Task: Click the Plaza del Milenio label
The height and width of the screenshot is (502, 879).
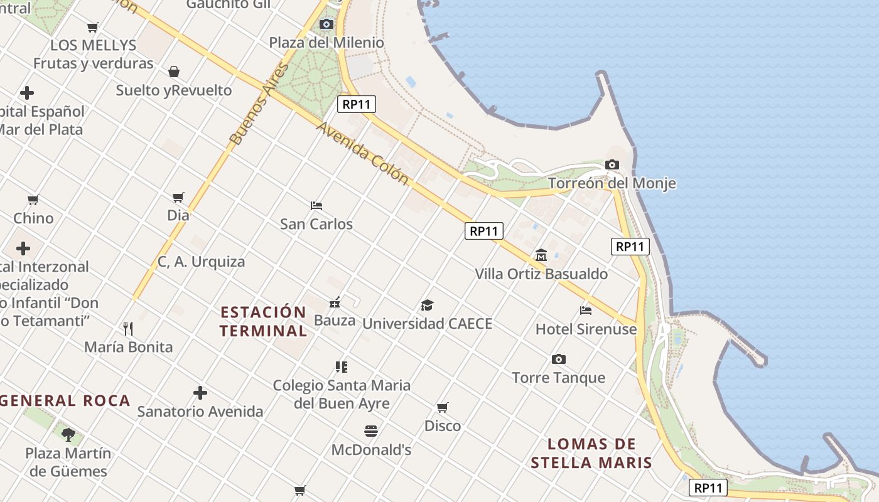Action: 326,43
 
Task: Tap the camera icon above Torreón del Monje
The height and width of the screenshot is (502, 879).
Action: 612,165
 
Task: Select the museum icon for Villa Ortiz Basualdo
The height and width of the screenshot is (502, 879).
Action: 541,255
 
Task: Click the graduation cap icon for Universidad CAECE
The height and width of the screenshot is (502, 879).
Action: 427,306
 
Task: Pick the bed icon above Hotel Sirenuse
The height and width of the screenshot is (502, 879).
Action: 586,310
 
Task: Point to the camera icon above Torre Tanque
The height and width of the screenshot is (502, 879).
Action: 558,359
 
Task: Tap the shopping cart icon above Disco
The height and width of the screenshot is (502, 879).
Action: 443,407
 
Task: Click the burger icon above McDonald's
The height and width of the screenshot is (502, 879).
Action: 371,431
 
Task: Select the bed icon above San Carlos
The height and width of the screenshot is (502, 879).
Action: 316,206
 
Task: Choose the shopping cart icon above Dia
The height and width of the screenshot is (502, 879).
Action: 178,197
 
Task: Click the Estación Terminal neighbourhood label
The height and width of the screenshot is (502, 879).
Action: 264,321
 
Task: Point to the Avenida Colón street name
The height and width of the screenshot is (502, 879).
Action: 362,153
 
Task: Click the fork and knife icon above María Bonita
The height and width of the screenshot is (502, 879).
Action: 128,328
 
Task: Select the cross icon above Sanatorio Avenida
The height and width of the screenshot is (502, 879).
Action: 200,393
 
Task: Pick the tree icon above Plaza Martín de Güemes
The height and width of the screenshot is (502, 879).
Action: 68,434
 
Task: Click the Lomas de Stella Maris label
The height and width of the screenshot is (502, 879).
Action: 591,454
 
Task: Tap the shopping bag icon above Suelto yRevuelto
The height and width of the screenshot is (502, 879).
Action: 174,72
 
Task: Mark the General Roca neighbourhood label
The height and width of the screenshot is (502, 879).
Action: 66,400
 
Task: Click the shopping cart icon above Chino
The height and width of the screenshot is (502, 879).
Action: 33,200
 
